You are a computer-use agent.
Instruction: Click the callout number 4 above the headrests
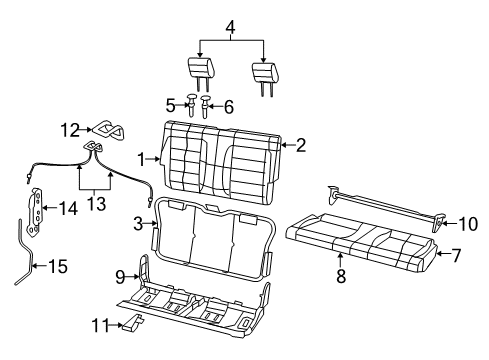pos(232,12)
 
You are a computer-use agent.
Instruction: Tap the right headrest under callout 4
pos(264,72)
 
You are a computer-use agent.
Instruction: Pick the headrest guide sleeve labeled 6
pos(205,104)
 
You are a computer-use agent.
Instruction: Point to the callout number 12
pos(70,128)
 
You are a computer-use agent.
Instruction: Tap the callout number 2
pos(300,145)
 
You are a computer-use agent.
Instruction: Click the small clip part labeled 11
pos(131,323)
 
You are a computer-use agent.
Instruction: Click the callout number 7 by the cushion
pos(456,255)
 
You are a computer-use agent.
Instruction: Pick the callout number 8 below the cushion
pos(340,277)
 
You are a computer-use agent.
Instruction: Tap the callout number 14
pos(69,209)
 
